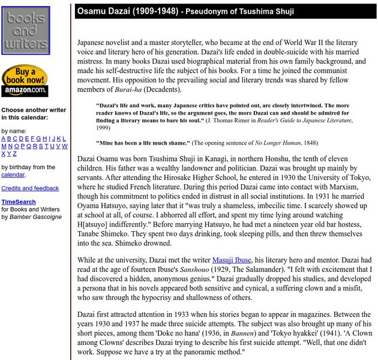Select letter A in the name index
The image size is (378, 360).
pyautogui.click(x=4, y=138)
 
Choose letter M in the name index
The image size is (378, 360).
pyautogui.click(x=4, y=146)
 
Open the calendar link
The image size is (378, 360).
pyautogui.click(x=13, y=175)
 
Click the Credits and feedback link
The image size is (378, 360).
pyautogui.click(x=30, y=188)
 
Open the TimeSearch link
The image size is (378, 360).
pyautogui.click(x=18, y=202)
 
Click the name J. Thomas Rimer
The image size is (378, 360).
pyautogui.click(x=245, y=120)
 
